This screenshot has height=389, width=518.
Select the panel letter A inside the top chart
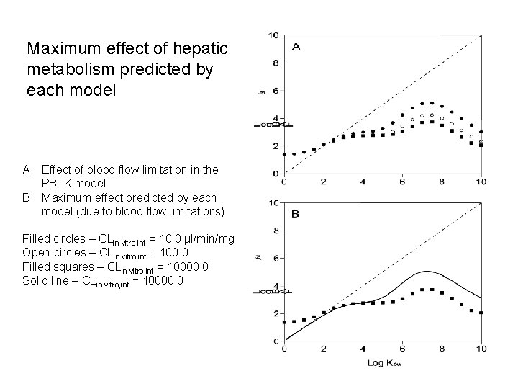pos(296,46)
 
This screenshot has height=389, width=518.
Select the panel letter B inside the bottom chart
pos(296,213)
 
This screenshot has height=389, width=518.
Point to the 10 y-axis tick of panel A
pos(273,35)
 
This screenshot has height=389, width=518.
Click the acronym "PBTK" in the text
pos(59,183)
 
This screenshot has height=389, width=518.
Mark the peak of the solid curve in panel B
pos(427,272)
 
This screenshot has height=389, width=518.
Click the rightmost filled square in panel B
pos(481,313)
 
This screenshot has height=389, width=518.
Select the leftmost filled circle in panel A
pos(285,154)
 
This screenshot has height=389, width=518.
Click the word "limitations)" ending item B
pos(196,211)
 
